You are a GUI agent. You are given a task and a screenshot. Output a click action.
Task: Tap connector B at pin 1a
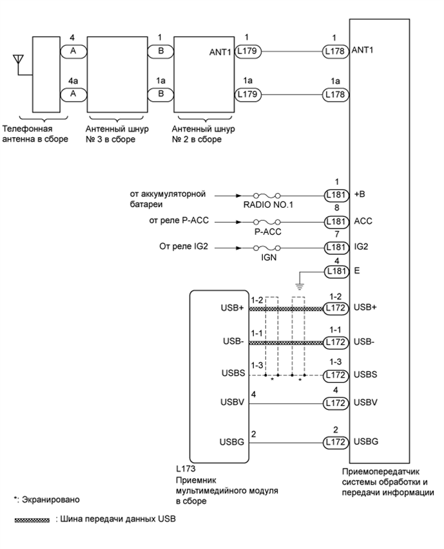pos(161,94)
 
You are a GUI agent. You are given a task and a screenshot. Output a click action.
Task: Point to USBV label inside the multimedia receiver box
pos(231,404)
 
